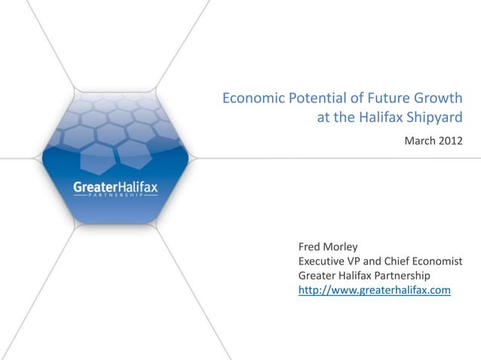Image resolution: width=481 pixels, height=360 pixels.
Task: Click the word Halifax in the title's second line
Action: click(371, 117)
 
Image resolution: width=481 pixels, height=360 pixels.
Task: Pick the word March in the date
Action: click(419, 141)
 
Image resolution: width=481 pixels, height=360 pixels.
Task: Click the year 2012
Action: click(449, 141)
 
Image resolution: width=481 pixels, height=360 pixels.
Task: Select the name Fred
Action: click(311, 247)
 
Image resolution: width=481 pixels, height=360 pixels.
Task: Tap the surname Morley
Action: click(346, 247)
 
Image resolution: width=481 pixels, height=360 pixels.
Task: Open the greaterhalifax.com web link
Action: click(375, 288)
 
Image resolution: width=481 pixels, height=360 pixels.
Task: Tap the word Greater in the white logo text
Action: click(93, 185)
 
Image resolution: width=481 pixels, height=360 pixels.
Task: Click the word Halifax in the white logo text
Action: click(136, 185)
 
